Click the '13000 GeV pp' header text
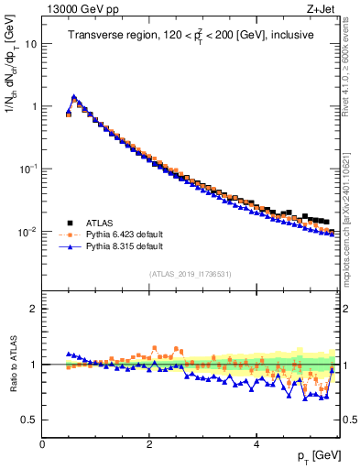click(x=81, y=9)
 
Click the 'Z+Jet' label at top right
click(x=327, y=9)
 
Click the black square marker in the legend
click(x=71, y=221)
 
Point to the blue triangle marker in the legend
click(x=71, y=246)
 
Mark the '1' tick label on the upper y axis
click(x=34, y=106)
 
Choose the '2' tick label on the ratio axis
click(x=34, y=309)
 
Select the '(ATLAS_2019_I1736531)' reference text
click(x=191, y=274)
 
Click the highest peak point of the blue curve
click(x=74, y=95)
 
